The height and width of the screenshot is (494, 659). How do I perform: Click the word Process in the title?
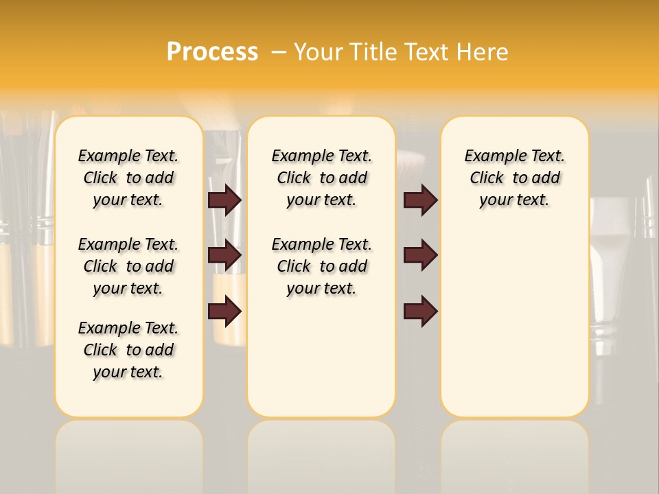click(x=212, y=52)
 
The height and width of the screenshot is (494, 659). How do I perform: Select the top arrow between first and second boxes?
click(x=224, y=200)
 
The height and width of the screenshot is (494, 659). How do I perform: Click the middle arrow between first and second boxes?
click(x=224, y=255)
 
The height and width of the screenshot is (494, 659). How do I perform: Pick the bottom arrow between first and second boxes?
click(x=224, y=311)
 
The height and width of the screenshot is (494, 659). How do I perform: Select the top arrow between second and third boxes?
click(x=420, y=200)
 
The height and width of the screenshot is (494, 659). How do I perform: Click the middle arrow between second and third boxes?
click(x=420, y=255)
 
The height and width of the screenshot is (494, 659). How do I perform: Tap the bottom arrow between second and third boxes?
click(x=420, y=311)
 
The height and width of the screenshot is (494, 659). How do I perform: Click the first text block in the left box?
click(x=128, y=178)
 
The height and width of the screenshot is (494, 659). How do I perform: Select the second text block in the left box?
click(x=128, y=266)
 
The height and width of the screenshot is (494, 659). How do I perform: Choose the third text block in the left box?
click(x=128, y=350)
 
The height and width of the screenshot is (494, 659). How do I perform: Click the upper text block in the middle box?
click(x=321, y=178)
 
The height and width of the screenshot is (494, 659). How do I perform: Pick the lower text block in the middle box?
click(x=321, y=266)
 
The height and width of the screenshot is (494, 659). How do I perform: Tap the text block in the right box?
click(x=515, y=178)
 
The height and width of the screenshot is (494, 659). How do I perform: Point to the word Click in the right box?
click(x=487, y=178)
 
